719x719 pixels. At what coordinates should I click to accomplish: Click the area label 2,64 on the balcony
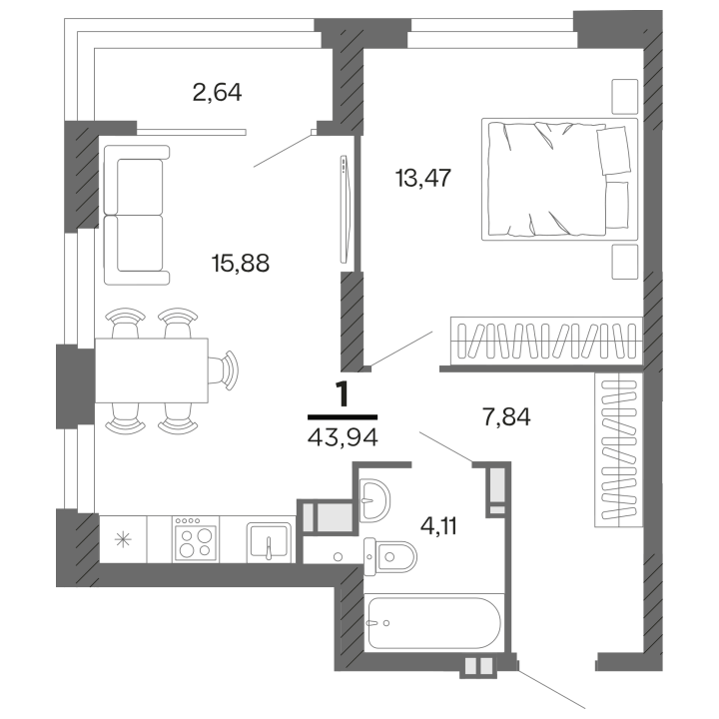(218, 94)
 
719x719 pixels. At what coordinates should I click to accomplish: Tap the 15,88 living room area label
(241, 263)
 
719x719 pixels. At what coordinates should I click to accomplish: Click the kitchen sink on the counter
(270, 542)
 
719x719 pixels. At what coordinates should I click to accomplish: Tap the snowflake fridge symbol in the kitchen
(123, 540)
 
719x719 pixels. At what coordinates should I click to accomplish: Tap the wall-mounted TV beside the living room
(345, 209)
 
